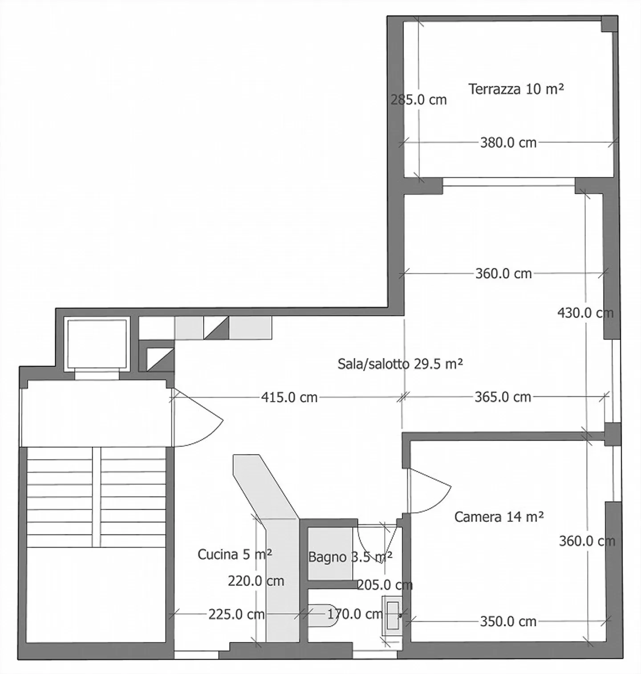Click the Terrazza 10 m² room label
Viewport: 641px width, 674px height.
click(516, 89)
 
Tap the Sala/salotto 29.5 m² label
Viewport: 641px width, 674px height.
click(400, 364)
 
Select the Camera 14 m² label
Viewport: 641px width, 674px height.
click(499, 517)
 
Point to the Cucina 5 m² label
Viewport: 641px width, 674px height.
click(235, 554)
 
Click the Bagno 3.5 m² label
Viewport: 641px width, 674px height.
click(350, 557)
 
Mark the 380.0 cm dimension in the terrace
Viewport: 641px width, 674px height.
click(508, 143)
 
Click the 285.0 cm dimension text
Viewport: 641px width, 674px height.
click(418, 100)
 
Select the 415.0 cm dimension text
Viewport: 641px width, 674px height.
click(289, 397)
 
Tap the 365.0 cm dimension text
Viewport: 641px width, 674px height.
click(503, 397)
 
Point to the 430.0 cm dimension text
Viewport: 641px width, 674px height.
click(585, 313)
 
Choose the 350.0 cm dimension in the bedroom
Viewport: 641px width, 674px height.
click(508, 621)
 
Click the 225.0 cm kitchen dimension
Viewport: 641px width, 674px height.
click(236, 614)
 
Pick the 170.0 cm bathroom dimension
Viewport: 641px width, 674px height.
click(355, 614)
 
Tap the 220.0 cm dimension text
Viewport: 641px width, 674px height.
click(256, 581)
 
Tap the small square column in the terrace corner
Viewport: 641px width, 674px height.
click(609, 24)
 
